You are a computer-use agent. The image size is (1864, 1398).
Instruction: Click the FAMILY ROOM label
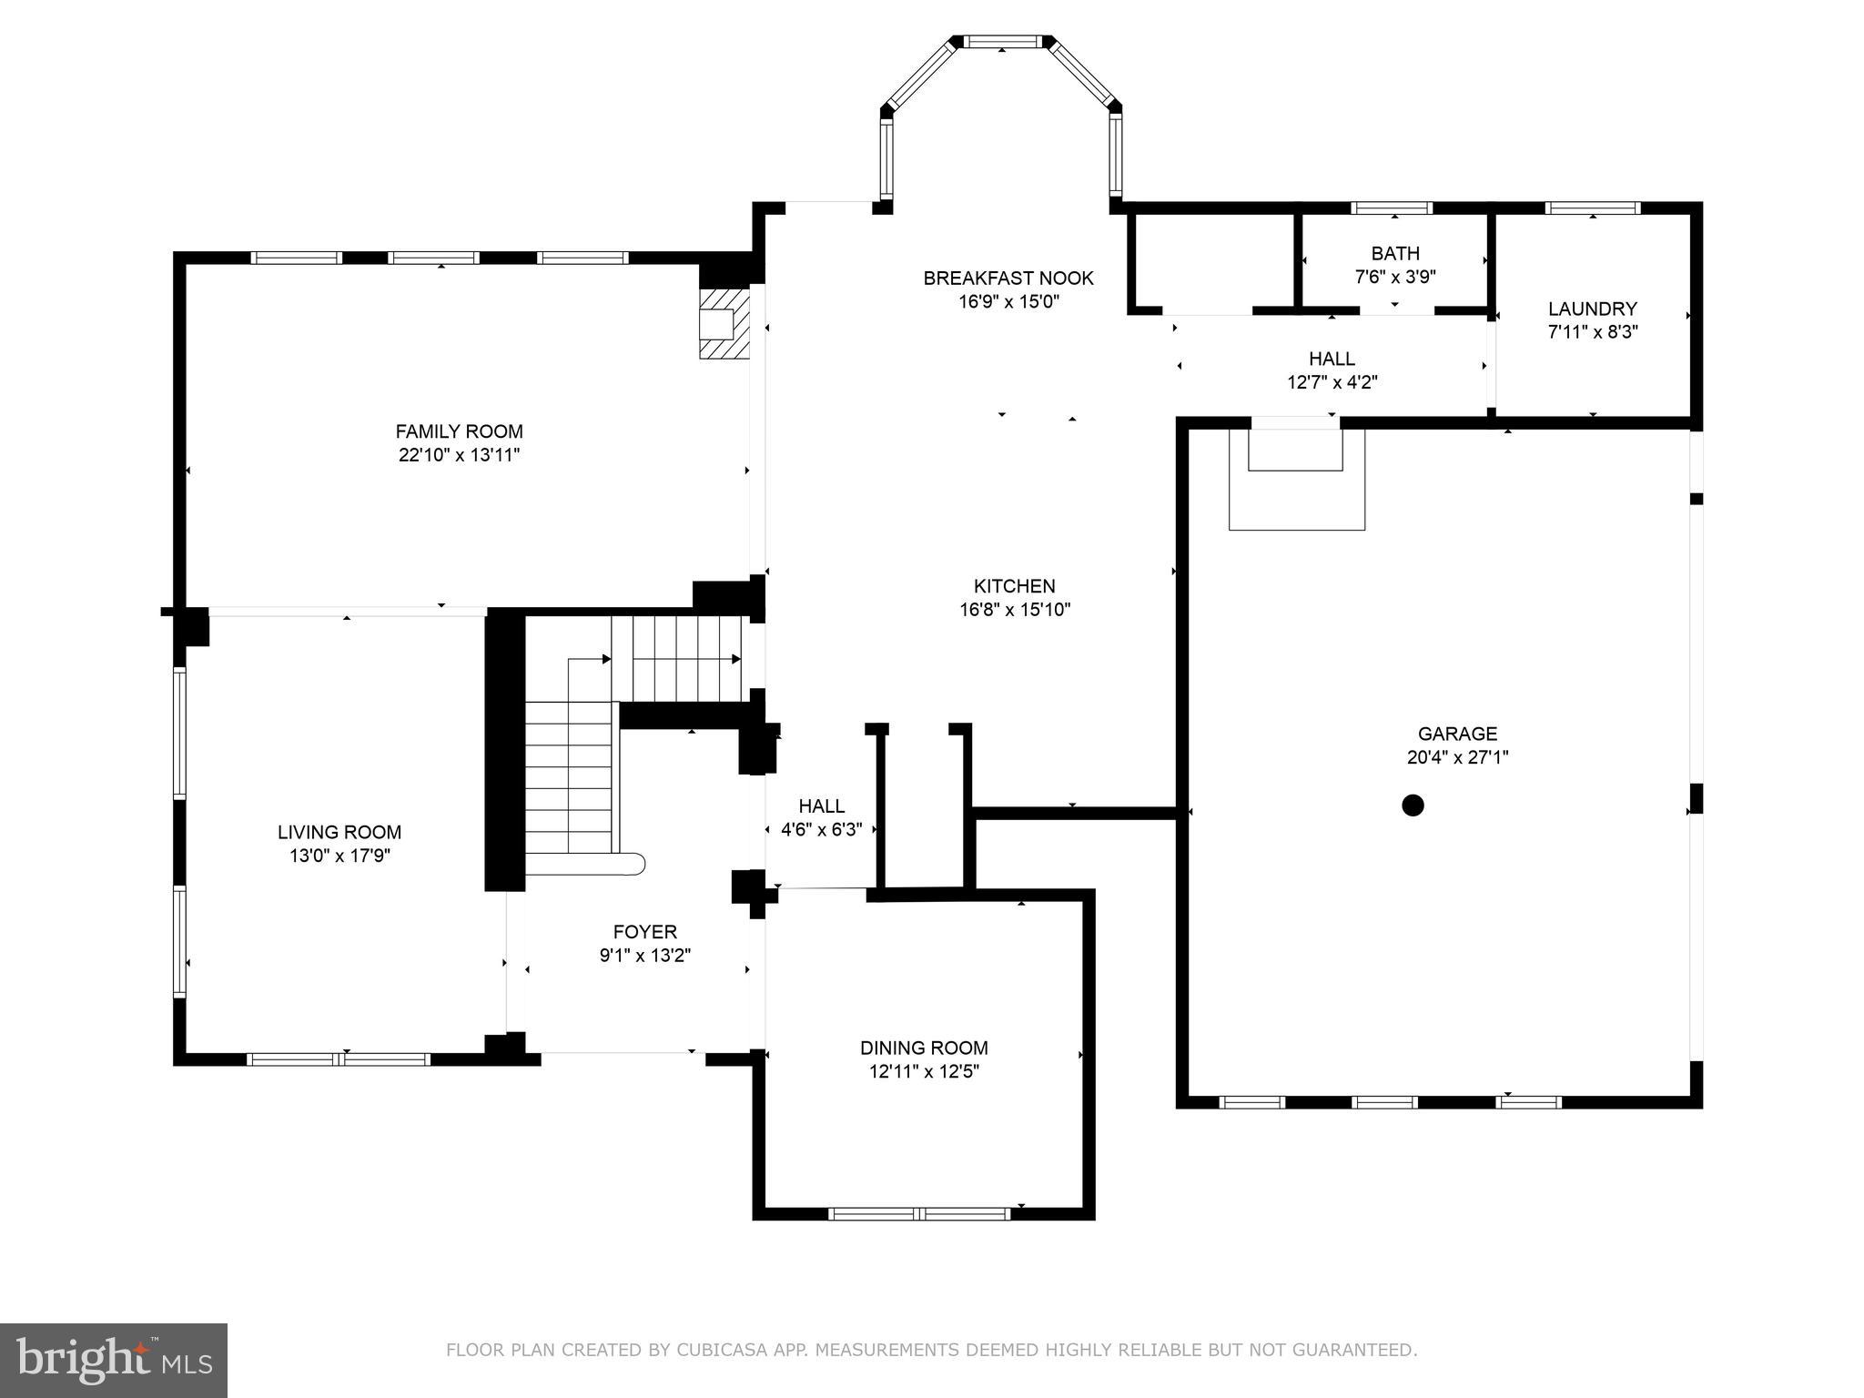[x=459, y=431]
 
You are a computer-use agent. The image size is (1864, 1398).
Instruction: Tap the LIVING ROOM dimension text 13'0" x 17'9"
[x=339, y=856]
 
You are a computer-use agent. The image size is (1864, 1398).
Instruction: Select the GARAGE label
[x=1457, y=734]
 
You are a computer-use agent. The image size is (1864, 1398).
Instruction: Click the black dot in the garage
[x=1413, y=805]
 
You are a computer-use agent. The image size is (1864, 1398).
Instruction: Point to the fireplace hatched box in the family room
[x=724, y=324]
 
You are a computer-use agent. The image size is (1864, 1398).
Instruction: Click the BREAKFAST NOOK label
[x=1008, y=279]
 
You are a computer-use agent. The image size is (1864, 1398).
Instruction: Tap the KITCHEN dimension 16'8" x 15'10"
[x=1015, y=610]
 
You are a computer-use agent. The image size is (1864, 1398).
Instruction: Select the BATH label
[x=1395, y=253]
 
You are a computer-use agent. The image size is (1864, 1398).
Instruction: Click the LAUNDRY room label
[x=1593, y=309]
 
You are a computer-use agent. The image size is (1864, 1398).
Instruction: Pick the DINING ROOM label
[x=924, y=1048]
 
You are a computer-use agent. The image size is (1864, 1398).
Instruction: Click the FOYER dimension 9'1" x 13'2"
[x=645, y=956]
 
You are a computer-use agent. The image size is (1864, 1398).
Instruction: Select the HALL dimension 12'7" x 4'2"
[x=1332, y=382]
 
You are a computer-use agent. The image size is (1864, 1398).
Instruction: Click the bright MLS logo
[x=114, y=1360]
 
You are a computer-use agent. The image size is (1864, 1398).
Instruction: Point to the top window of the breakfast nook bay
[x=1001, y=42]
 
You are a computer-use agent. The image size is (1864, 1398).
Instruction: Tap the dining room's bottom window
[x=919, y=1213]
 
